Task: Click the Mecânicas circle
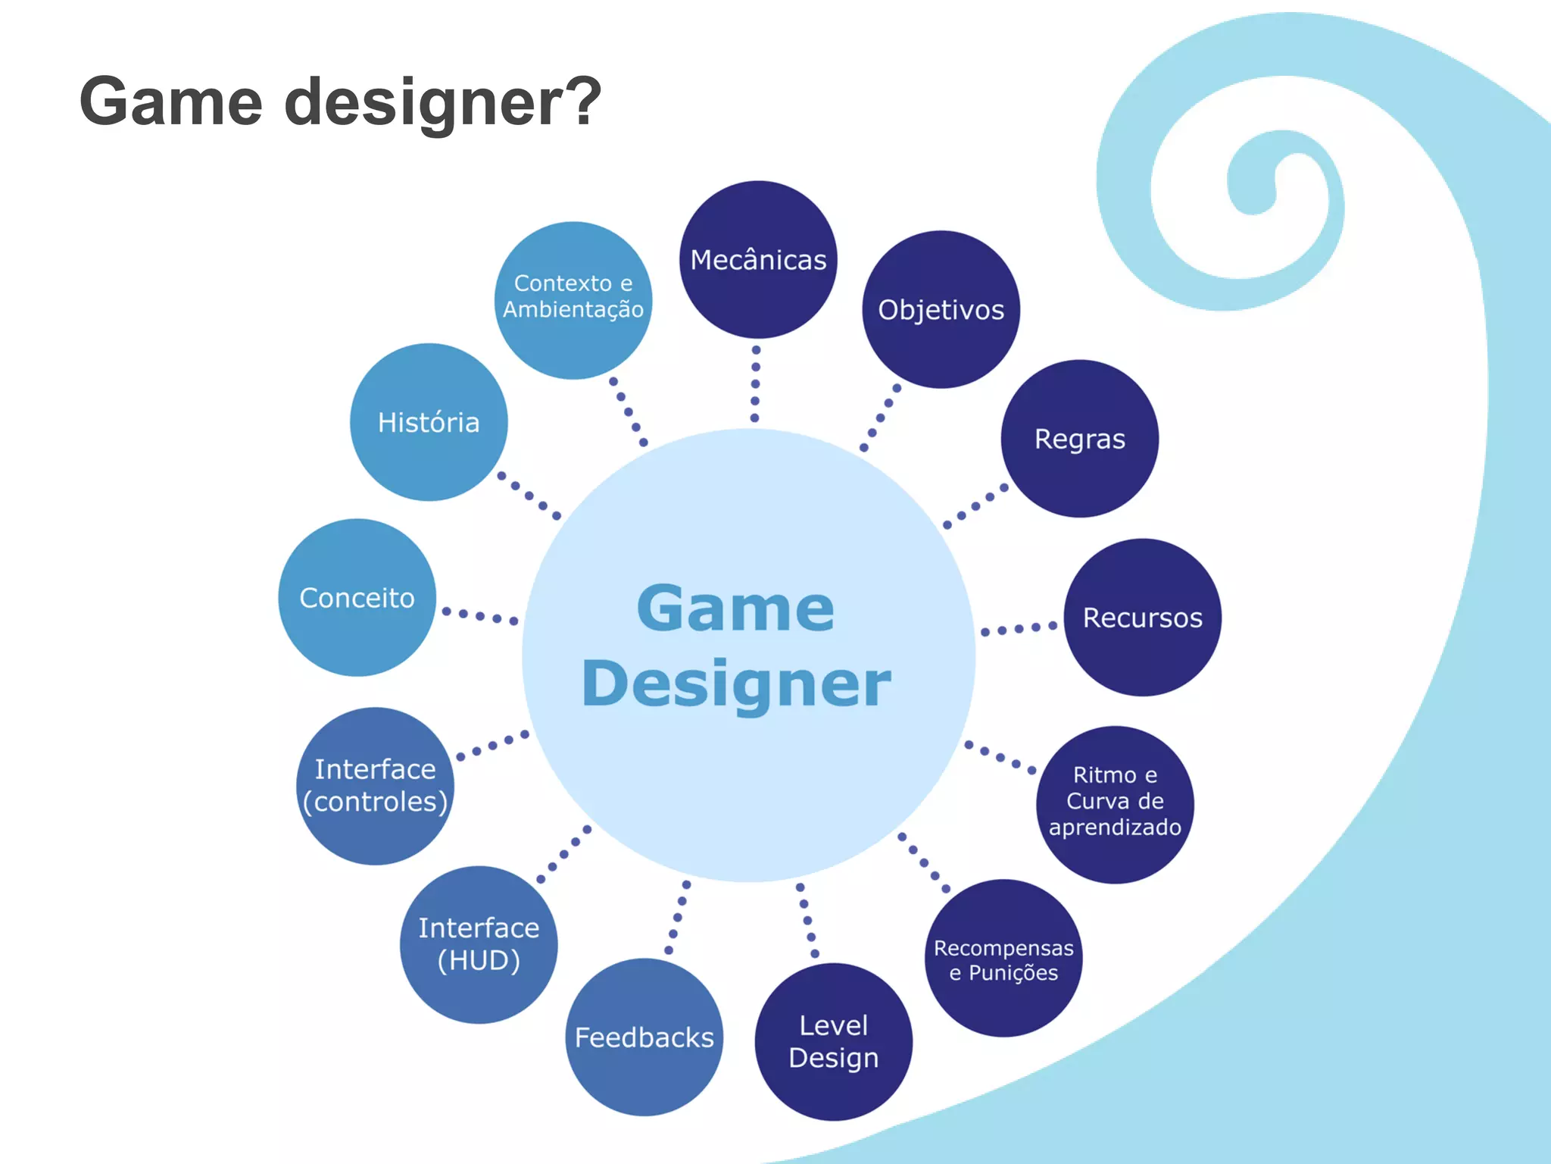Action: click(x=758, y=260)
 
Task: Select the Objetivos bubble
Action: click(x=941, y=310)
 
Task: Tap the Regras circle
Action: click(x=1080, y=439)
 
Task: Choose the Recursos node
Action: click(x=1142, y=618)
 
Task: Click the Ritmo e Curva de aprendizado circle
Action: click(x=1115, y=804)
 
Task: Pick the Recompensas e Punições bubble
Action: click(x=1003, y=959)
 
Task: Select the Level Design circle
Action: click(x=833, y=1041)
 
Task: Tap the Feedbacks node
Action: click(x=644, y=1037)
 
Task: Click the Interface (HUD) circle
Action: click(x=479, y=944)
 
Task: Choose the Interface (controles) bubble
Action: click(x=375, y=786)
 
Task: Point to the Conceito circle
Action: click(x=357, y=598)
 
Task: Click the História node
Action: click(x=429, y=422)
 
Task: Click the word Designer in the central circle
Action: click(x=736, y=684)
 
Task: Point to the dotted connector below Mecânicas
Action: click(x=755, y=383)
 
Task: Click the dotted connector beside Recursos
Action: click(x=1019, y=629)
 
